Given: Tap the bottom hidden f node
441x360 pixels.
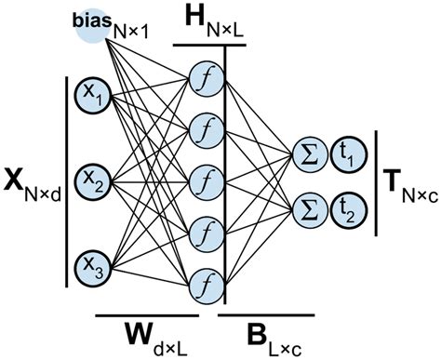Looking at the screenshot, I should (x=203, y=278).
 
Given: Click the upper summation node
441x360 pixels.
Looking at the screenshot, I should (x=306, y=153).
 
